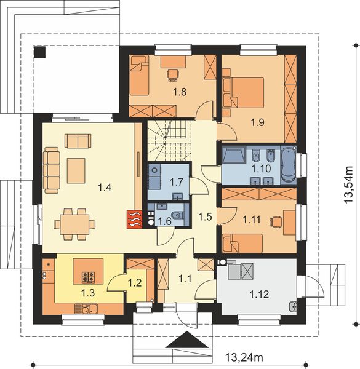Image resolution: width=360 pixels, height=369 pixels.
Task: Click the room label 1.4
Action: [x=104, y=188]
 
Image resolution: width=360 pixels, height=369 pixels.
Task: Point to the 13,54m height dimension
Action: [x=349, y=182]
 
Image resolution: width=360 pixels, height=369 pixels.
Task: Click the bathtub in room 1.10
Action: [x=288, y=165]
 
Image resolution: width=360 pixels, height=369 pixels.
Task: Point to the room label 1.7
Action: [x=177, y=182]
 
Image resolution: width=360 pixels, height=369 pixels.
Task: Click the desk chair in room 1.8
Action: [x=172, y=75]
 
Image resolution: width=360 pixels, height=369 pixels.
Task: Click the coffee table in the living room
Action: [x=77, y=167]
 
